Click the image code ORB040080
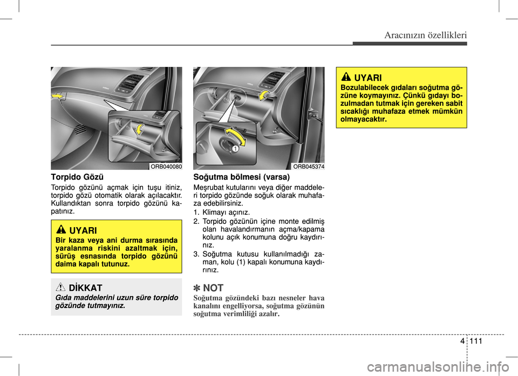click(166, 166)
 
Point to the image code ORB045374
click(309, 166)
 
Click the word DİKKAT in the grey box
click(85, 288)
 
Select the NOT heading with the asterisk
click(208, 288)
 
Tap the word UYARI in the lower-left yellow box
click(83, 230)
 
